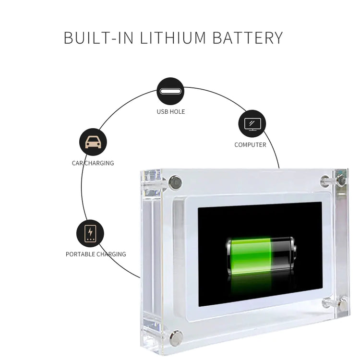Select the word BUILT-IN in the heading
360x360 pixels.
point(99,38)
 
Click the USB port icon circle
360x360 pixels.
point(170,91)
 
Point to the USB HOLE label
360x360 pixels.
point(170,112)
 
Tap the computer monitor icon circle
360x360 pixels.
point(252,124)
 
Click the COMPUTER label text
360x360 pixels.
point(250,144)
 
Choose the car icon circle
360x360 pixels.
point(93,142)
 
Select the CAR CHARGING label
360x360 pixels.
point(93,163)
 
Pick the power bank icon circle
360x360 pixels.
point(90,233)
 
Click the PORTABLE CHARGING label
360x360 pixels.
point(96,254)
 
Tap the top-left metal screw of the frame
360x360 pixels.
point(175,182)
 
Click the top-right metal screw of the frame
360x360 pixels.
point(340,180)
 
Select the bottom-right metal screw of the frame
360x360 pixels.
point(342,303)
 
